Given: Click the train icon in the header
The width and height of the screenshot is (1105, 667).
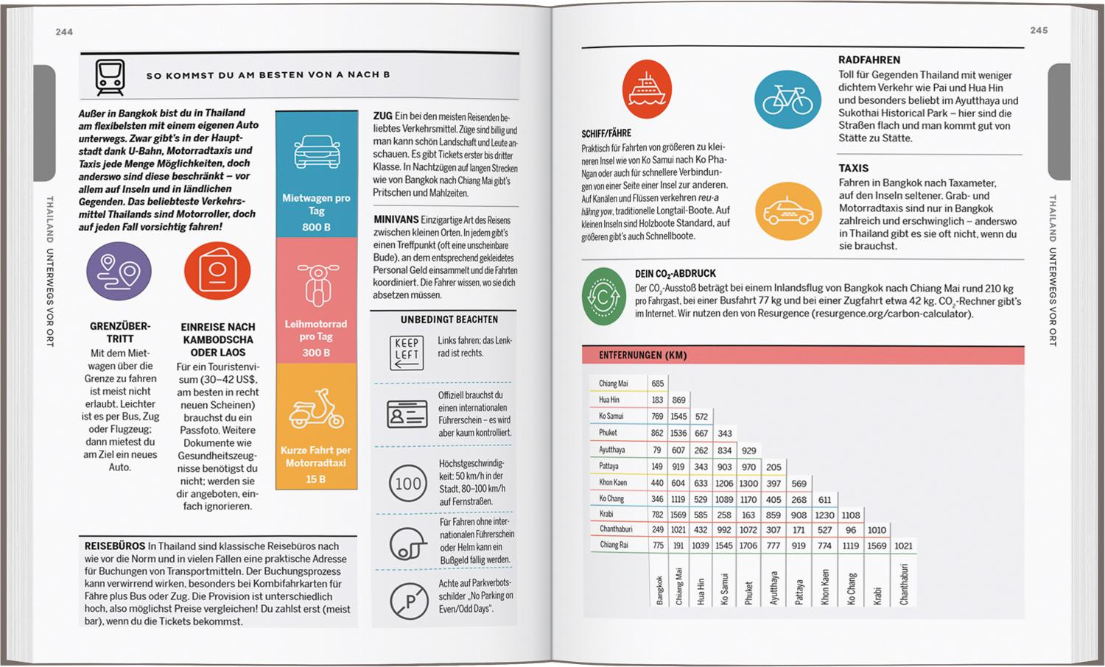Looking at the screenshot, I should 110,76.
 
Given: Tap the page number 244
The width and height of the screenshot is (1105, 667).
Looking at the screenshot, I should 64,32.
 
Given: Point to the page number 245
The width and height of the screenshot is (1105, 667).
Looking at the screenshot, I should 1039,30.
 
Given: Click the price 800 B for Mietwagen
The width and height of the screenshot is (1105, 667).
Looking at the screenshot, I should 316,227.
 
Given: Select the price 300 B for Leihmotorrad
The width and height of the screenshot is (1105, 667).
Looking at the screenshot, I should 316,353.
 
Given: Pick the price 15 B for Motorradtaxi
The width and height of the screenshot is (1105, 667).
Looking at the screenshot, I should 316,479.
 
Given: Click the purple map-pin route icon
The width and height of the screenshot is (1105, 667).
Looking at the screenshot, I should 119,271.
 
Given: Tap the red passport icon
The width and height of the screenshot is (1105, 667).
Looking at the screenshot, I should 217,271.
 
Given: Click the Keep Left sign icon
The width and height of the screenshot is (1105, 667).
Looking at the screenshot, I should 407,352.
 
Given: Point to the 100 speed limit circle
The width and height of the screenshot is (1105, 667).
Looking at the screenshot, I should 407,484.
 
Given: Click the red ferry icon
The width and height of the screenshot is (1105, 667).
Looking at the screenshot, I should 647,89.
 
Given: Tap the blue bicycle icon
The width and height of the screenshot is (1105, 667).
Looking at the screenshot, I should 787,100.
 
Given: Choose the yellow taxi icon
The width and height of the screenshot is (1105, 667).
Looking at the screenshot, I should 788,212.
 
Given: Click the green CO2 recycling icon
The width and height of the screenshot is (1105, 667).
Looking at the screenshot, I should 604,297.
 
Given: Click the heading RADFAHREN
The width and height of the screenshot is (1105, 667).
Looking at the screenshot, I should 869,60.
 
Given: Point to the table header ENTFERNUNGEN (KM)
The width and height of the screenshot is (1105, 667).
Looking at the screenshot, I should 642,355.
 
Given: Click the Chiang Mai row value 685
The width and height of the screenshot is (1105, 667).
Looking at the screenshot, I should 657,384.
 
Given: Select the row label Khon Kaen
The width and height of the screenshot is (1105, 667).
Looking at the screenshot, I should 612,483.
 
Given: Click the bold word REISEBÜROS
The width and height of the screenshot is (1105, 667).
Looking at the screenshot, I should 115,546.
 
